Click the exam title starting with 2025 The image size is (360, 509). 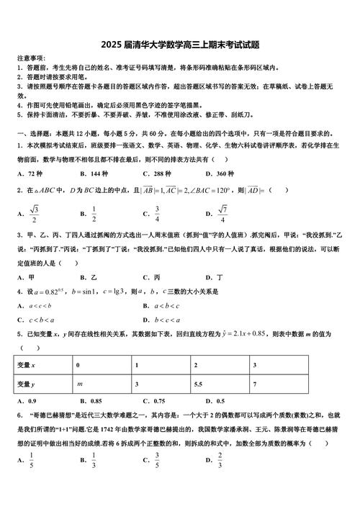[x=179, y=44]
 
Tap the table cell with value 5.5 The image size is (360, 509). [x=200, y=384]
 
